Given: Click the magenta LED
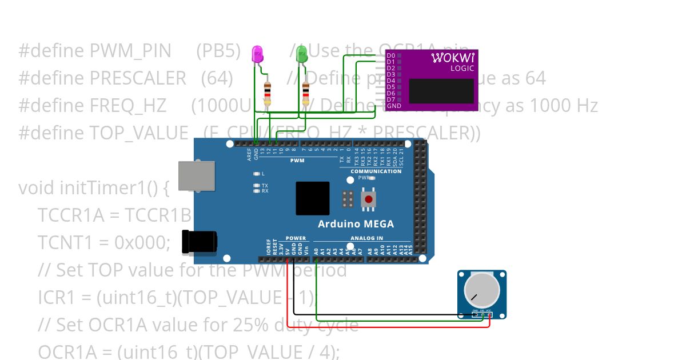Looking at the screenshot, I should pyautogui.click(x=258, y=55).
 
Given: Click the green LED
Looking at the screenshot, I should pyautogui.click(x=301, y=55).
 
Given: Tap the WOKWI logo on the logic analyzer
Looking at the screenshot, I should pyautogui.click(x=452, y=58).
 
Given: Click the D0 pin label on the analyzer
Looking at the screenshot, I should pyautogui.click(x=391, y=55).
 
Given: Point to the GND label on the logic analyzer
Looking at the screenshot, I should pyautogui.click(x=393, y=106).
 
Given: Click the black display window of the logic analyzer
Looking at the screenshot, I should pyautogui.click(x=441, y=91).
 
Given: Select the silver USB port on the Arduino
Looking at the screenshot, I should pyautogui.click(x=196, y=175).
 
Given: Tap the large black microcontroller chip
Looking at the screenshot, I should pyautogui.click(x=312, y=198).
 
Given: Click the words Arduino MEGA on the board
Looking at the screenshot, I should pyautogui.click(x=356, y=223).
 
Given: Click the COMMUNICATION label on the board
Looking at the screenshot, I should pyautogui.click(x=376, y=171).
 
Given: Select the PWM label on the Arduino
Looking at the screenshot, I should pyautogui.click(x=297, y=161).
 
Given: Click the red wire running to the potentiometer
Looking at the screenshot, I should pyautogui.click(x=389, y=327).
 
